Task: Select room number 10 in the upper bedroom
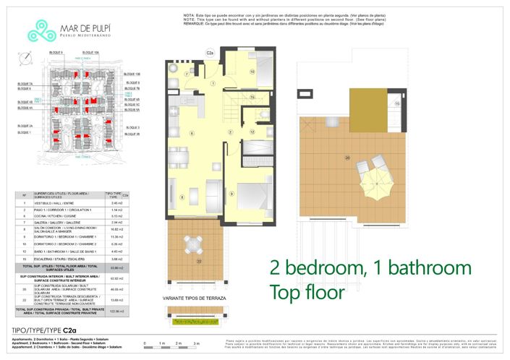click(x=252, y=71)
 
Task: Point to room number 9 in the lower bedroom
click(x=231, y=194)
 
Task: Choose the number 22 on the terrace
click(x=200, y=260)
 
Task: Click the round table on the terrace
click(x=190, y=241)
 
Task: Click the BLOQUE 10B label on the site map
click(x=132, y=74)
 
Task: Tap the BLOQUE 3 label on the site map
click(x=131, y=127)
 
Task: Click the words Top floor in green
click(x=307, y=293)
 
